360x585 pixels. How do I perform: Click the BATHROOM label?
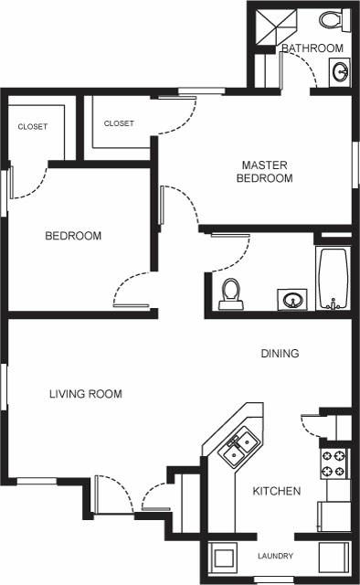(x=312, y=48)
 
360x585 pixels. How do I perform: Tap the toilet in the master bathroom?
(x=330, y=18)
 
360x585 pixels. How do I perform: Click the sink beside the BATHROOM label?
(x=338, y=71)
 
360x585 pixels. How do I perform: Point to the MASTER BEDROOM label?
(x=264, y=172)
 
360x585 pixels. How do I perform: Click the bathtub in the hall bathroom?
(x=333, y=278)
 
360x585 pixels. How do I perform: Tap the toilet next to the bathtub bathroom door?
(x=231, y=292)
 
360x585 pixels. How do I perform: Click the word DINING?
(x=280, y=353)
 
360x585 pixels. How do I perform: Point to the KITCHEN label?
(x=276, y=491)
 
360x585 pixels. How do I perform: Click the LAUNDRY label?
(x=275, y=556)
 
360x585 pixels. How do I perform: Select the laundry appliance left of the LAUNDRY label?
(x=222, y=557)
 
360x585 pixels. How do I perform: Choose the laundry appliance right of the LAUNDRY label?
(x=333, y=557)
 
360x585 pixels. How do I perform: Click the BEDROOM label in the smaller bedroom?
(x=73, y=236)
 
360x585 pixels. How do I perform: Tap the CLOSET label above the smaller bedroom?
(x=33, y=127)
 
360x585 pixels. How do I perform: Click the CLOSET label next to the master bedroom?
(x=119, y=122)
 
